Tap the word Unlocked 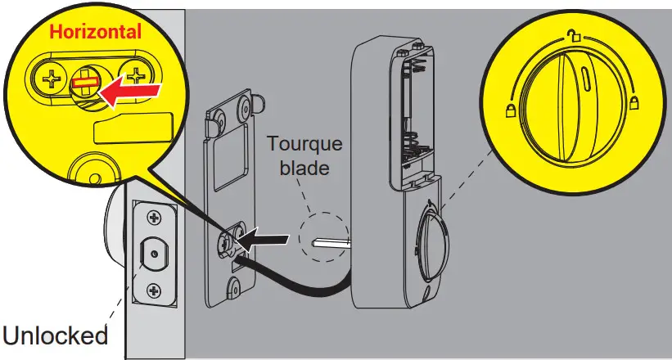(55, 335)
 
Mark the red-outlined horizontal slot (84, 82)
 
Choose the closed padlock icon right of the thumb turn (633, 104)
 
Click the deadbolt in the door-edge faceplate (153, 254)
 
